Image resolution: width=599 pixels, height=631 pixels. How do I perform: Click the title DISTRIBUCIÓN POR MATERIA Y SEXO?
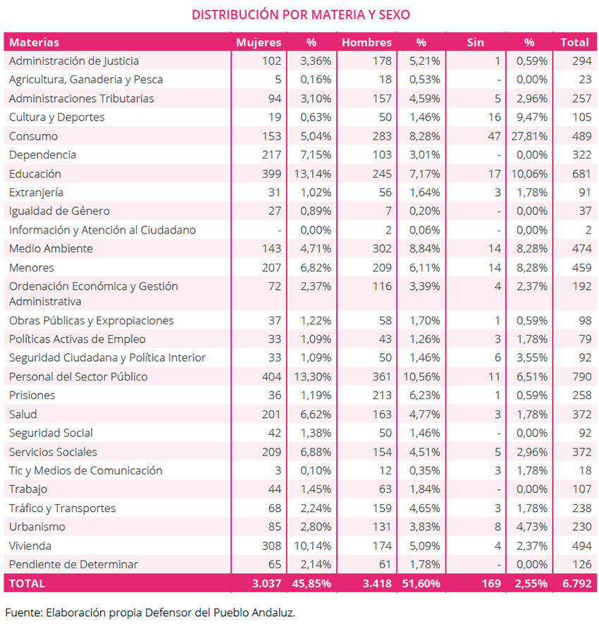(x=300, y=15)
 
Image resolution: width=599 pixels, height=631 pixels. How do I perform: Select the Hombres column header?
(x=366, y=42)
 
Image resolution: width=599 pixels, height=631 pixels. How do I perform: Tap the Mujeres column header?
(x=258, y=43)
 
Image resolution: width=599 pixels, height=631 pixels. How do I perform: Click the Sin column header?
(x=475, y=42)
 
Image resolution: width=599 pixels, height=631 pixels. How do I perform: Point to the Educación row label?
(x=35, y=174)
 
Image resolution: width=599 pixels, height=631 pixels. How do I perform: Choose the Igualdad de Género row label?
(x=59, y=211)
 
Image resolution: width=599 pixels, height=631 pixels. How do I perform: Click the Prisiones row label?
(x=32, y=396)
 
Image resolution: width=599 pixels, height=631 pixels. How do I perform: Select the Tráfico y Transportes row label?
(x=62, y=508)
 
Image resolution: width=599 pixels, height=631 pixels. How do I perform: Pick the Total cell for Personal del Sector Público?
(x=581, y=376)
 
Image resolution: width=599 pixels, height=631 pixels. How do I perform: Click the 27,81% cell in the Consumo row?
(x=529, y=136)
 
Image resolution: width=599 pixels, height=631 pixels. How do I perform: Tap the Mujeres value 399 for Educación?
(x=271, y=174)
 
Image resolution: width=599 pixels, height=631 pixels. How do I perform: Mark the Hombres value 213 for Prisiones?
(x=382, y=396)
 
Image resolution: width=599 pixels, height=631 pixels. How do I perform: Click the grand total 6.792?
(x=577, y=584)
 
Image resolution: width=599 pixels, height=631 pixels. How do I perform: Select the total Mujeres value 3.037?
(x=266, y=584)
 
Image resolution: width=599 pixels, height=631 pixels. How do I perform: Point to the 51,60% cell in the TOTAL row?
(x=421, y=584)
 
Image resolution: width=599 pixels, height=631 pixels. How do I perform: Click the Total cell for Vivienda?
(x=581, y=546)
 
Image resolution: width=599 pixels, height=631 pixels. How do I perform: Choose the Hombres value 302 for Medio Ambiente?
(x=382, y=249)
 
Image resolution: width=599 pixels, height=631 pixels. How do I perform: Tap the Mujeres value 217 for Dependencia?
(x=271, y=155)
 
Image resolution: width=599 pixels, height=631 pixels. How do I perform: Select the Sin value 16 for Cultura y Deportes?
(x=495, y=117)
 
